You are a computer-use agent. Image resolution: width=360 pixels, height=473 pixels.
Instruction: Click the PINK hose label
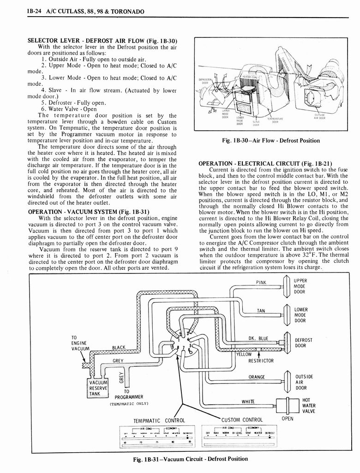(262, 283)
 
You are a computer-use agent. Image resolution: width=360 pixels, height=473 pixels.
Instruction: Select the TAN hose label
(261, 311)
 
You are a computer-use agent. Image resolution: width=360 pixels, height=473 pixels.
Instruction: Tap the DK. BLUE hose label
(258, 339)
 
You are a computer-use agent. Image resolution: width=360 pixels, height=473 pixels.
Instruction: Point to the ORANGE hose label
(256, 377)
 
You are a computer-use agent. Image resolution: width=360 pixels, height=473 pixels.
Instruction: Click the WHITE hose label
(248, 401)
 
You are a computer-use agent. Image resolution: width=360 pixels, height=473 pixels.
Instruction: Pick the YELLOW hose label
(245, 355)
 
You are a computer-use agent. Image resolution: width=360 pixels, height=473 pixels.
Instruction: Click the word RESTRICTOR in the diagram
(261, 361)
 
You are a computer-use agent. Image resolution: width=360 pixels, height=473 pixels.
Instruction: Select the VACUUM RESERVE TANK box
(98, 388)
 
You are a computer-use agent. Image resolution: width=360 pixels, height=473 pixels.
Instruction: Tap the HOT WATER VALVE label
(309, 406)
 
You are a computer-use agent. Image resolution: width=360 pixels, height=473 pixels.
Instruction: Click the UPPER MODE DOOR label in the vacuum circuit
(300, 286)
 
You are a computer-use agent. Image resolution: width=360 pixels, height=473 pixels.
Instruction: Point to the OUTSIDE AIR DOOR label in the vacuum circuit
(304, 382)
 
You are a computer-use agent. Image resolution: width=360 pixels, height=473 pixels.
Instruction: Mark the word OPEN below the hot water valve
(287, 419)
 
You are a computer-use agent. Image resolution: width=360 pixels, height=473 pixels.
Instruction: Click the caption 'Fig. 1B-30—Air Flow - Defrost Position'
(271, 140)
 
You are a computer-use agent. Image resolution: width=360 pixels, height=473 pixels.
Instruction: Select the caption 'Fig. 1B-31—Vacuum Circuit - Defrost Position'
(190, 459)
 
